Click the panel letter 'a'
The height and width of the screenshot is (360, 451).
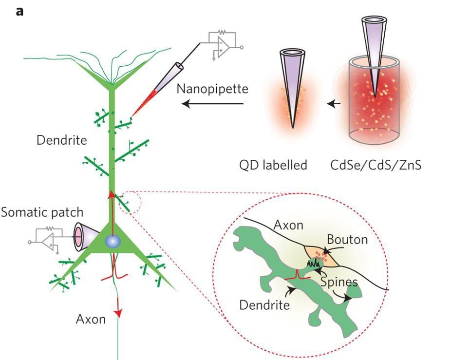point(19,11)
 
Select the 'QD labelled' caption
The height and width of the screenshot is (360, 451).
point(273,165)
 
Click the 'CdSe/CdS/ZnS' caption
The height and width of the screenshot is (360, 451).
point(375,165)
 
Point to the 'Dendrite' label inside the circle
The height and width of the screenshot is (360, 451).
point(265,305)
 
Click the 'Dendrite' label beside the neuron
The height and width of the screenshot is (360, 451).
point(62,141)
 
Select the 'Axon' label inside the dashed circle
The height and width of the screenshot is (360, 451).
point(289,226)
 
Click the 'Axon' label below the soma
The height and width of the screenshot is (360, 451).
point(91,320)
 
